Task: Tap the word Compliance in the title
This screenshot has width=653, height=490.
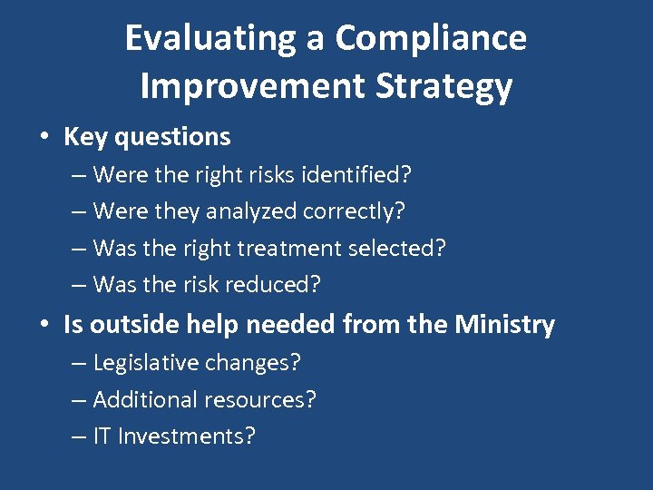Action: tap(430, 39)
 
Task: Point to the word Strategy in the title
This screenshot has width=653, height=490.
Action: tap(461, 86)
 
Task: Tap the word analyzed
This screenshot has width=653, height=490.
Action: tap(251, 211)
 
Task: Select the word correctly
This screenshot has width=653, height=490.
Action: tap(354, 211)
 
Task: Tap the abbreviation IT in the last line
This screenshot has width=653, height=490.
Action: tap(102, 436)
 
